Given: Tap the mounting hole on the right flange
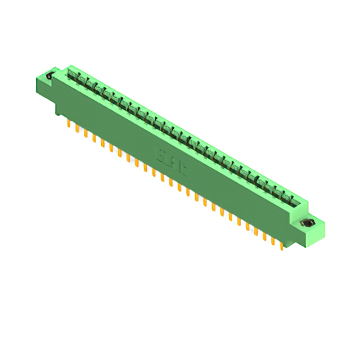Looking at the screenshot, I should click(x=308, y=224).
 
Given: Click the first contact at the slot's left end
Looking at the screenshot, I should click(x=72, y=75).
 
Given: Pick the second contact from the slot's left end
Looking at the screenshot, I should click(x=80, y=79).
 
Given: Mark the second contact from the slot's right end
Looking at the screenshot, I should click(x=285, y=196).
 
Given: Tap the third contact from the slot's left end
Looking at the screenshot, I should click(x=89, y=84).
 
